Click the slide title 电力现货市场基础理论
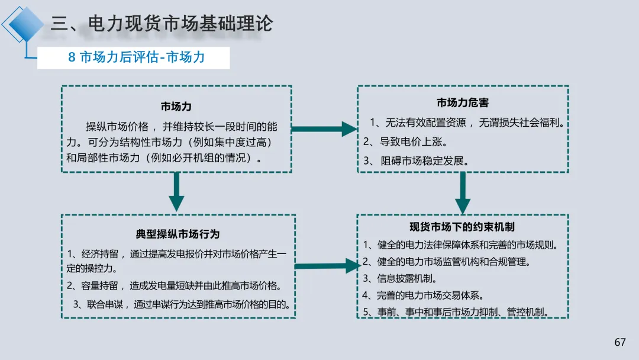(162, 24)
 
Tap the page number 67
(619, 342)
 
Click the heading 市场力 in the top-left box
(176, 107)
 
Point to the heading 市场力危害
(463, 102)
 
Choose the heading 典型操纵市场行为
(177, 234)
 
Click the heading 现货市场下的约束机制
(462, 227)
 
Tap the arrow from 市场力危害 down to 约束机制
(462, 192)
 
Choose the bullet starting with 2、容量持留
(173, 286)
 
